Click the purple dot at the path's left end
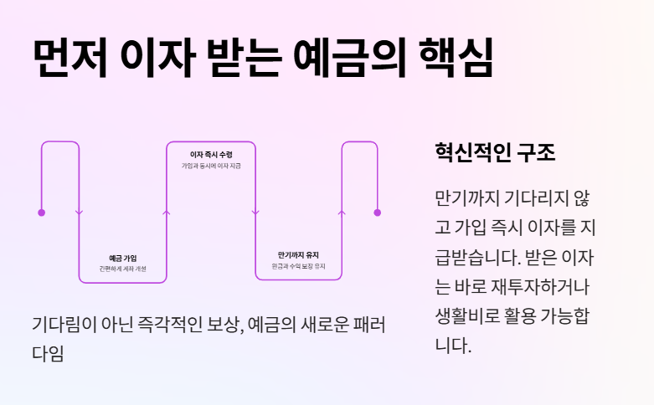coord(41,213)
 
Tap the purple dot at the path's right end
coord(377,213)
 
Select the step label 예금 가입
coord(122,258)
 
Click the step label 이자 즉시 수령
coord(211,155)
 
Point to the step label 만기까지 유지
coord(299,254)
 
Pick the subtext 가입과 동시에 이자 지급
coord(211,167)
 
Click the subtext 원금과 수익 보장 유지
coord(299,266)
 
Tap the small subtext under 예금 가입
coord(122,269)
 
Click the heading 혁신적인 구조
coord(495,153)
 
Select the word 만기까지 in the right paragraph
coord(466,199)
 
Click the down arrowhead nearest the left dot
coord(79,213)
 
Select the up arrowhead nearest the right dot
coord(341,213)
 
